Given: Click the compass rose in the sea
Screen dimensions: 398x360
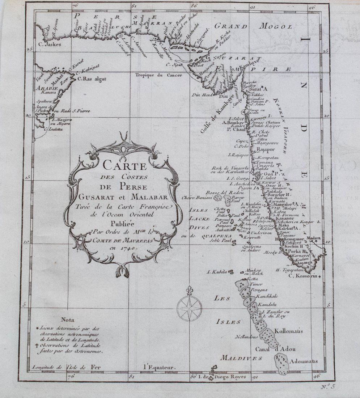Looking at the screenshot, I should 189,307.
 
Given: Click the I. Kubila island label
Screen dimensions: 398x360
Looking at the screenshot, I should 216,271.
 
